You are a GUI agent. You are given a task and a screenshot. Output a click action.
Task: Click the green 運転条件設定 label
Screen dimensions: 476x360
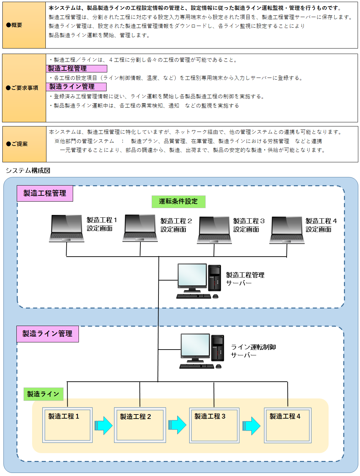pos(178,202)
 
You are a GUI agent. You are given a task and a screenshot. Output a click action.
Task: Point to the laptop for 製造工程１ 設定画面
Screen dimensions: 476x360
pos(67,228)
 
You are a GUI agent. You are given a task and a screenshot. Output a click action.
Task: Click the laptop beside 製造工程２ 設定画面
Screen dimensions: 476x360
pos(140,228)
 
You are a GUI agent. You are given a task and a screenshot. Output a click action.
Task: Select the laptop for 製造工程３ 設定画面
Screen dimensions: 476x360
pos(214,230)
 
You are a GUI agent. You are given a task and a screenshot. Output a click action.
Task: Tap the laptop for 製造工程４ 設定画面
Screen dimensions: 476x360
pos(287,230)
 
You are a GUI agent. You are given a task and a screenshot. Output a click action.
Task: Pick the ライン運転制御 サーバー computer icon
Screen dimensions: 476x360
pos(202,351)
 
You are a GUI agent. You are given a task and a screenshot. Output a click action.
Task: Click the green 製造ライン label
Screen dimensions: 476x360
pos(43,394)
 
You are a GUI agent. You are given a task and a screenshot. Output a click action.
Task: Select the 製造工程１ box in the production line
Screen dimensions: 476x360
pos(67,425)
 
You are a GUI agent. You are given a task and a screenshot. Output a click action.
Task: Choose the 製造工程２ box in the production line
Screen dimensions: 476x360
pos(140,425)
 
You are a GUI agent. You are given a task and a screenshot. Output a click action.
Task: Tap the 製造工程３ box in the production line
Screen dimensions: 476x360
pos(214,425)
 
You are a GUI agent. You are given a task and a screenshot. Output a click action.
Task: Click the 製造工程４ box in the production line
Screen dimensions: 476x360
pos(288,425)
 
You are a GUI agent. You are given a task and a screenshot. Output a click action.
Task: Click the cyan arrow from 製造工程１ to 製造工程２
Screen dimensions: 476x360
pos(103,425)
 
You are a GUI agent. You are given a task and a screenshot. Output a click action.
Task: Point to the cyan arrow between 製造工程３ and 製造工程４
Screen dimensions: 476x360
pos(251,426)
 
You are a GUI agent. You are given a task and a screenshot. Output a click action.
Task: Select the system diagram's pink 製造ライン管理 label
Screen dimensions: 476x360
pos(47,334)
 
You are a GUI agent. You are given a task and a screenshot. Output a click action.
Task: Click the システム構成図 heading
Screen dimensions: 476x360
pos(28,171)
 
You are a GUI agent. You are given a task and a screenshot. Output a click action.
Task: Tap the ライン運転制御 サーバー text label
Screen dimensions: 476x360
pos(253,351)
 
